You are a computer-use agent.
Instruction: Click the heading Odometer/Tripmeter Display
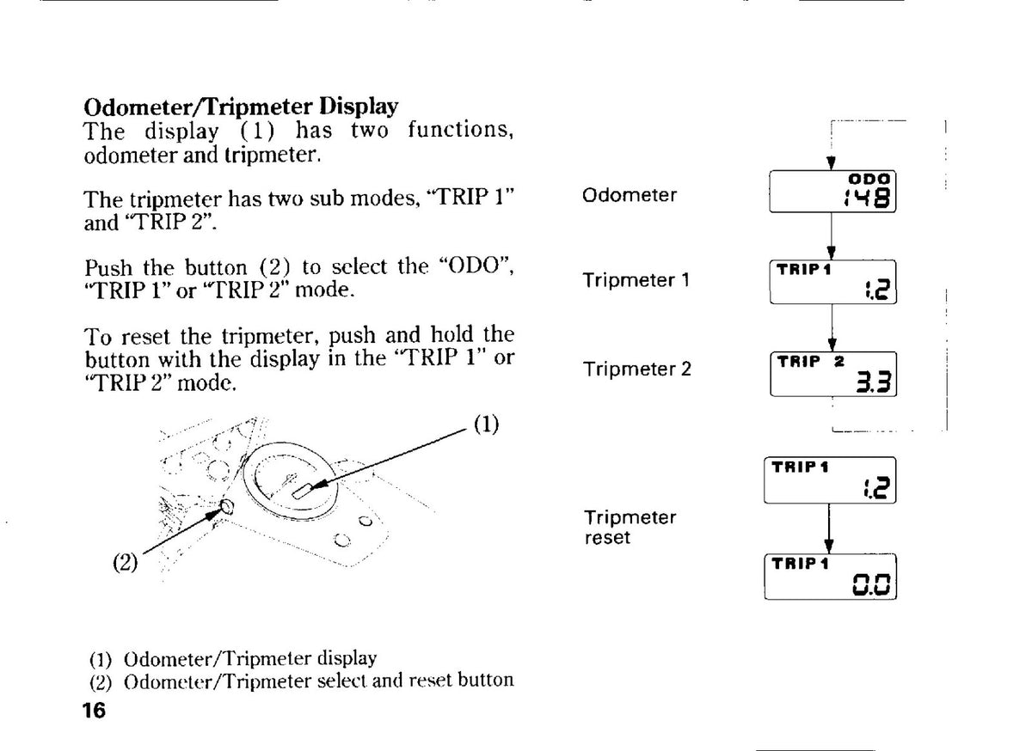click(241, 107)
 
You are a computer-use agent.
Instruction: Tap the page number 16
click(94, 711)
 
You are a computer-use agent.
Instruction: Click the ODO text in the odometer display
click(869, 179)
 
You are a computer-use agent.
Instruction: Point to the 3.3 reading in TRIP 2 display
click(874, 382)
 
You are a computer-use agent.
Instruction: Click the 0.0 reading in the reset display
click(872, 584)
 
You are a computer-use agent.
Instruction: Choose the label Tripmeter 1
click(636, 280)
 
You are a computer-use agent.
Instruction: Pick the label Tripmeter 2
click(637, 369)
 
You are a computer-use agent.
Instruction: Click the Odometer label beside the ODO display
click(630, 195)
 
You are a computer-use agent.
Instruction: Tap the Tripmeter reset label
click(630, 528)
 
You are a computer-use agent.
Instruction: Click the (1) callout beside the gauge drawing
click(487, 424)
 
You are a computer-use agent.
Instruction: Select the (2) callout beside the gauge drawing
click(126, 562)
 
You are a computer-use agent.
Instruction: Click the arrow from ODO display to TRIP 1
click(832, 236)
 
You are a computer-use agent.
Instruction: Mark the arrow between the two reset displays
click(829, 528)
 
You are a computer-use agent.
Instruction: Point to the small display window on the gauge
click(302, 492)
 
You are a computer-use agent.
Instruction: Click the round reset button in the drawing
click(227, 507)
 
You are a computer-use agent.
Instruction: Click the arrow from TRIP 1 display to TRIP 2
click(832, 328)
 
